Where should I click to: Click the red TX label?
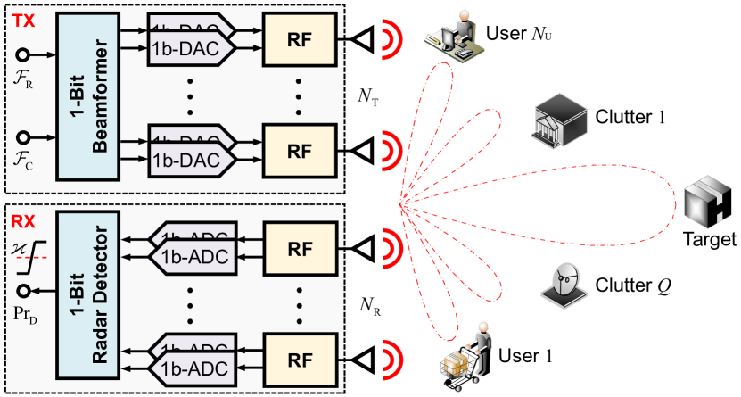coord(22,18)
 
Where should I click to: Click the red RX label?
coord(22,217)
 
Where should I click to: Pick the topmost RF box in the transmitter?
coord(298,40)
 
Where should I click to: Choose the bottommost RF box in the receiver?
coord(298,358)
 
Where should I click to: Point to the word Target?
coord(708,239)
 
